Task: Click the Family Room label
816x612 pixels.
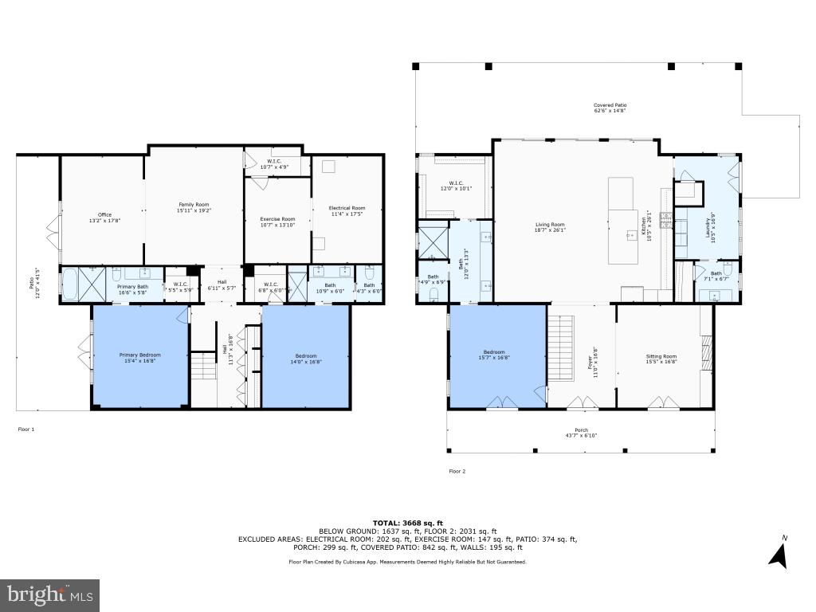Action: [x=193, y=208]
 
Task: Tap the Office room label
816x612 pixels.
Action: [x=104, y=218]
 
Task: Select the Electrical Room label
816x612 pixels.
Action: [x=347, y=211]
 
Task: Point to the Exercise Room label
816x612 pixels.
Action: [x=277, y=222]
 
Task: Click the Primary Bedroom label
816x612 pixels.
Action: [x=139, y=358]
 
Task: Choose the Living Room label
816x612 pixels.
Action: [x=550, y=228]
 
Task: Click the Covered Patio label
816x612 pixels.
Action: [x=610, y=108]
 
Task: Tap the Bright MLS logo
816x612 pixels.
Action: [x=49, y=594]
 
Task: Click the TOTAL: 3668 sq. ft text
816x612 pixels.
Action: [x=407, y=523]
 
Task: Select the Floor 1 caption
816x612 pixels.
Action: [x=26, y=430]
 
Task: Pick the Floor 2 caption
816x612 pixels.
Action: [x=457, y=471]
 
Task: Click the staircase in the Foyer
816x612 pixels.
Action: [x=562, y=347]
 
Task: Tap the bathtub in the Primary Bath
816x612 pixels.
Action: [x=70, y=284]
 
